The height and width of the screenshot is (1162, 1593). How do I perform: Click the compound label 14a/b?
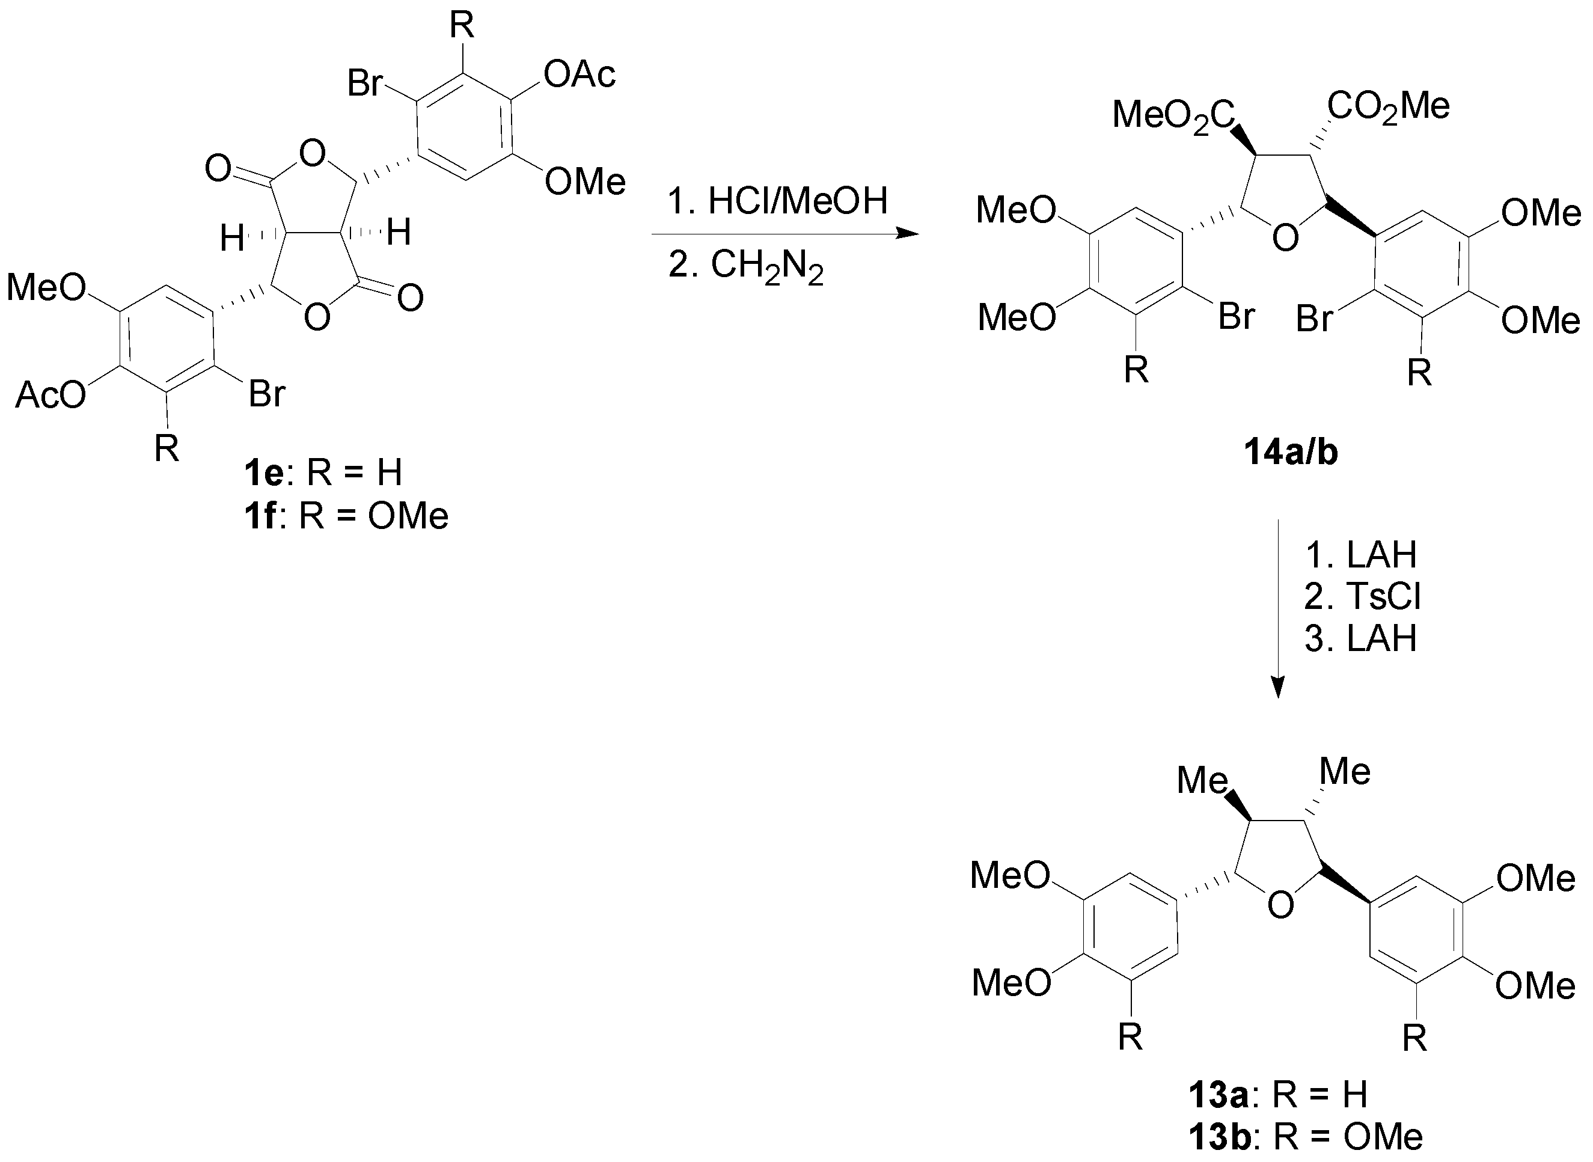click(1291, 452)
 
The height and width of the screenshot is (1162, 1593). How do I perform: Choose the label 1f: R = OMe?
click(346, 516)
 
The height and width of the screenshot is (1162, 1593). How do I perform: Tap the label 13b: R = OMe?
click(1305, 1137)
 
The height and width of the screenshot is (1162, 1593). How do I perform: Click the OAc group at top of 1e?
click(579, 75)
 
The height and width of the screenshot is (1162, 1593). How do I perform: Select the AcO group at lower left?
click(50, 396)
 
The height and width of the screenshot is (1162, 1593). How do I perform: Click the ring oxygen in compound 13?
click(1280, 904)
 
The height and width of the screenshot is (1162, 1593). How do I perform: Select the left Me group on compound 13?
click(1202, 780)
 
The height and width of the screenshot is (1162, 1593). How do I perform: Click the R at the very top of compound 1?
click(462, 25)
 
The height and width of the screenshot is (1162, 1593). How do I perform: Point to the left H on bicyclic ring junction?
click(232, 239)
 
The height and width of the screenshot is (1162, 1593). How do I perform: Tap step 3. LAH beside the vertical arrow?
click(1360, 638)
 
